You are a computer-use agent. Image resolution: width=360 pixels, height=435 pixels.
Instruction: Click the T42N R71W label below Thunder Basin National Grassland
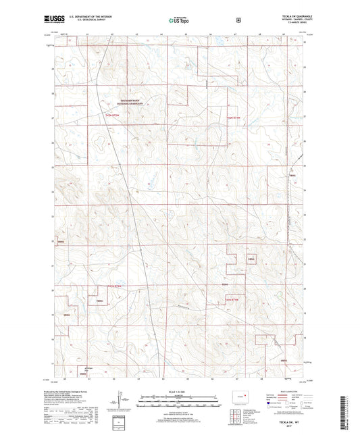click(116, 116)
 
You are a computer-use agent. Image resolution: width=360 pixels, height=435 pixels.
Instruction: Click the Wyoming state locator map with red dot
click(238, 395)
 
